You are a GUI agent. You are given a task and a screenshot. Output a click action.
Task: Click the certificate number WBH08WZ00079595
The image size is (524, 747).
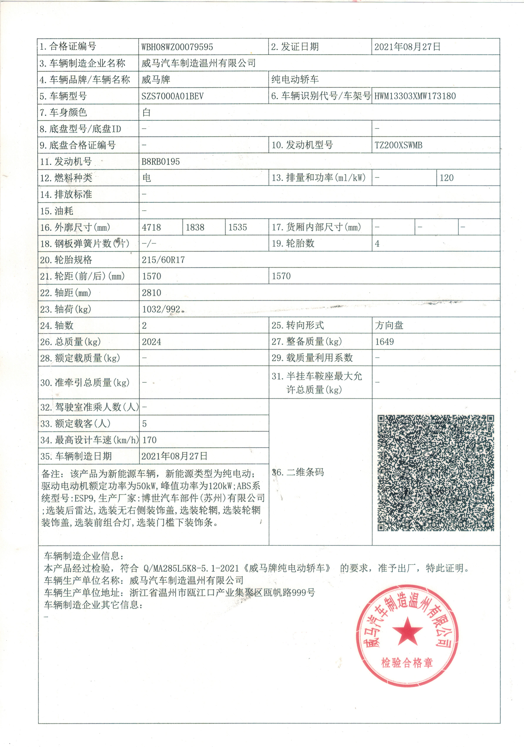[177, 47]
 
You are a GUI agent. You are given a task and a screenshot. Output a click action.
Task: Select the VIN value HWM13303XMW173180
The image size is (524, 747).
[415, 96]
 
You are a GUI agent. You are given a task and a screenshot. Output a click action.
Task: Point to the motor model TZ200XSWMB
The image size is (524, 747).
[398, 145]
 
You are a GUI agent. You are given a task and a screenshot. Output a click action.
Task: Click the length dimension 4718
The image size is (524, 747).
[151, 227]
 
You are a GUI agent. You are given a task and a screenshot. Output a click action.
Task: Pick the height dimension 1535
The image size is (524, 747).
[238, 227]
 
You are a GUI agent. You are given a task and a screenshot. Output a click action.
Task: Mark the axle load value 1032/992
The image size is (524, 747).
[161, 309]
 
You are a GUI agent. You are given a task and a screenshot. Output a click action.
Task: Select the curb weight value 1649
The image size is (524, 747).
[384, 342]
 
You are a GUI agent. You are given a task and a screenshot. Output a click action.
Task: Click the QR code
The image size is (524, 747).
[435, 473]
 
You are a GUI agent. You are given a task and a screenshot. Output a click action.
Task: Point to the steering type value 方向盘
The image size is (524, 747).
[389, 325]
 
